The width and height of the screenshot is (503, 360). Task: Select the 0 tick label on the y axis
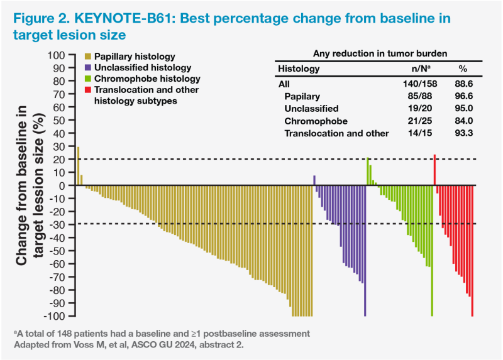[63, 185]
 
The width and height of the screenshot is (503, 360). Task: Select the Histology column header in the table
[299, 68]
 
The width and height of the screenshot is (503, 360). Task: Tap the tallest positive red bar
[434, 170]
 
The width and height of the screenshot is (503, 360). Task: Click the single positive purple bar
[314, 180]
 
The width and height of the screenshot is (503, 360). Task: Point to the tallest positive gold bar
[78, 166]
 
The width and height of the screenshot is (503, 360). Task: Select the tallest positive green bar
[368, 172]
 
